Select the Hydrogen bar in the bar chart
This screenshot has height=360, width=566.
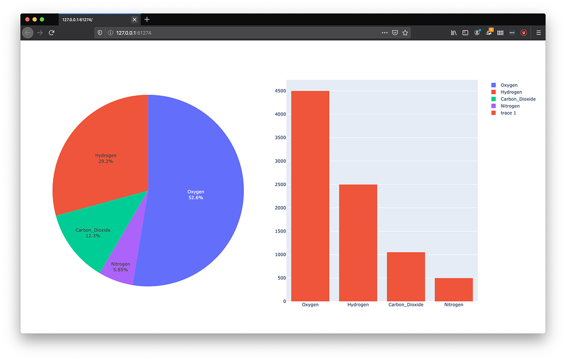coord(358,243)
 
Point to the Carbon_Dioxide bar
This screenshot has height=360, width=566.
coord(406,276)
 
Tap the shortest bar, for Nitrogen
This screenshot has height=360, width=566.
coord(453,289)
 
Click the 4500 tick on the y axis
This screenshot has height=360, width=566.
coord(280,91)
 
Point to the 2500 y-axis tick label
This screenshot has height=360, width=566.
coord(280,184)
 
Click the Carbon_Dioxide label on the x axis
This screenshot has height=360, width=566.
coord(406,305)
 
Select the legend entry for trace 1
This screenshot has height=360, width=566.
coord(508,113)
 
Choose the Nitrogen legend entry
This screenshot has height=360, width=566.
coord(510,106)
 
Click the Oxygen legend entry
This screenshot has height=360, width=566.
coord(509,85)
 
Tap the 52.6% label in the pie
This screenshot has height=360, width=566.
coord(196,198)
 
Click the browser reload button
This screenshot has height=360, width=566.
coord(51,33)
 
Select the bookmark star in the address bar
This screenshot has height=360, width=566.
coord(405,33)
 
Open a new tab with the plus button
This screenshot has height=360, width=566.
coord(147,20)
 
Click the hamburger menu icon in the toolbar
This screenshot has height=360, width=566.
coord(539,33)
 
